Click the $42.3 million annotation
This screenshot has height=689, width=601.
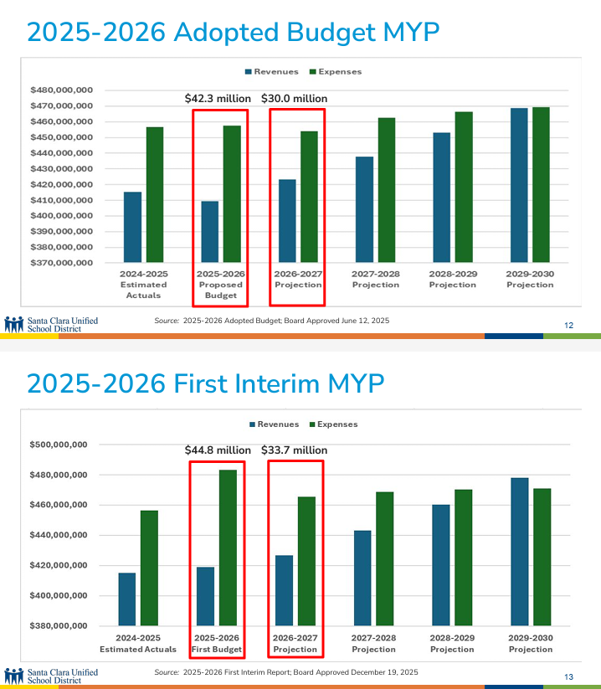(x=218, y=99)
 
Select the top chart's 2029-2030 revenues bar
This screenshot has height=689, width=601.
(x=519, y=185)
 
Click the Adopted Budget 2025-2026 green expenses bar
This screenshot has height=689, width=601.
(x=231, y=194)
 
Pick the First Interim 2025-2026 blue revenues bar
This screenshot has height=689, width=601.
(x=205, y=596)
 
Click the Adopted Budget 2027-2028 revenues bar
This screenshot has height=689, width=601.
(x=364, y=209)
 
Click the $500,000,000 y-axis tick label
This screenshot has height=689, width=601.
(x=59, y=445)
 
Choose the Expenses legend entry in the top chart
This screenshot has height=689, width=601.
(x=336, y=72)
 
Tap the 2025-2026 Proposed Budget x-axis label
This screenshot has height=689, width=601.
(x=220, y=285)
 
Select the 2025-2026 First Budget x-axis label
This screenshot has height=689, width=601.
(x=218, y=644)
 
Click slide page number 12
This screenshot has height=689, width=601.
(x=569, y=325)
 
